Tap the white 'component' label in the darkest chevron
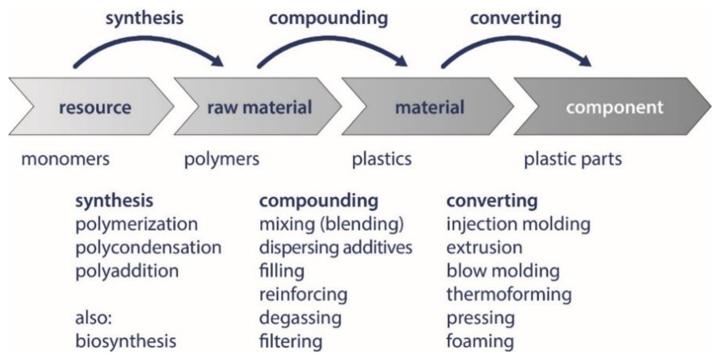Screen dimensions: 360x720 coord(614,108)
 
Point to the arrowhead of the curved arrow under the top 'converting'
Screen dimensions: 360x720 coord(586,61)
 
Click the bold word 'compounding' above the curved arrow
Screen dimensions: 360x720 coord(328,18)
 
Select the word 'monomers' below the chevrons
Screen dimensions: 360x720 coord(65,159)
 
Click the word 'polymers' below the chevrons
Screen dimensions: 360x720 coord(222,159)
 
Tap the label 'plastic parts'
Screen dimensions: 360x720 coord(573,159)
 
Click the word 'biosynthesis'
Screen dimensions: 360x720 coord(126,341)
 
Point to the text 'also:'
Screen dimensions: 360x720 coord(93,318)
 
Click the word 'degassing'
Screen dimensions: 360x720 coord(300,318)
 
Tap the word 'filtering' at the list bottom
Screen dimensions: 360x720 coord(291,341)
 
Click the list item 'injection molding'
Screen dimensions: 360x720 coord(518,224)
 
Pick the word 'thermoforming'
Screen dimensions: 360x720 coord(509,294)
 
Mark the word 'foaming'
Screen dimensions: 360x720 coord(480,341)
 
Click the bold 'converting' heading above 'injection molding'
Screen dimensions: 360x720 coord(492,201)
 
